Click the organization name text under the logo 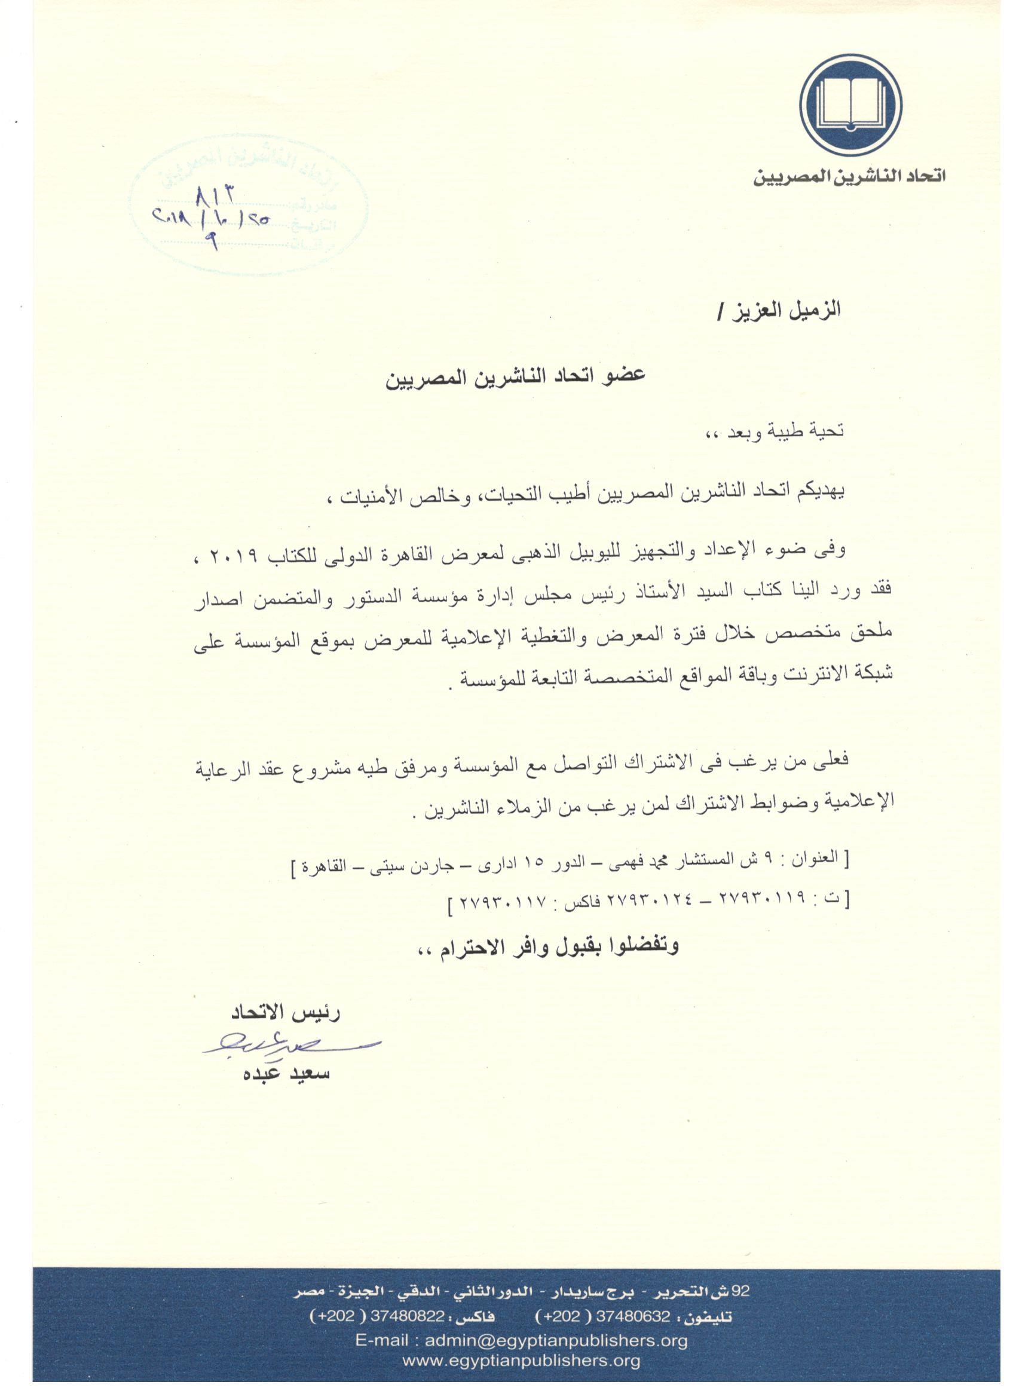pos(850,177)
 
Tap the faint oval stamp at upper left pos(250,205)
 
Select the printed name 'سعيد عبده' pos(286,1074)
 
